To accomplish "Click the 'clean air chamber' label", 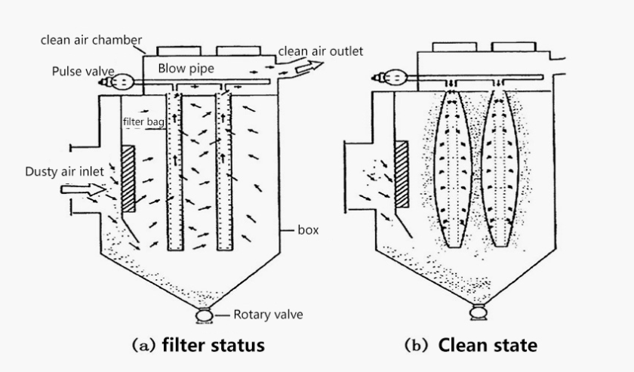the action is [x=91, y=40].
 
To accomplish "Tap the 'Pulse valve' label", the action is [x=83, y=72].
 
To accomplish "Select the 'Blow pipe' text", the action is [x=186, y=69].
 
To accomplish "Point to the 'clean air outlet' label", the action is [x=321, y=51].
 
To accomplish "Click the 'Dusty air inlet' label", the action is [x=65, y=171].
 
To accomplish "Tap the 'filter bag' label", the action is [x=143, y=121].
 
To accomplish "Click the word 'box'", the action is [x=308, y=230].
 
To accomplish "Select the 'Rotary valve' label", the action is [x=268, y=315].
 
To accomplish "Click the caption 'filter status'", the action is [x=214, y=345].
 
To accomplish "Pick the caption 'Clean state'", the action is [x=488, y=346].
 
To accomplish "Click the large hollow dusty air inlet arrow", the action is [x=83, y=189].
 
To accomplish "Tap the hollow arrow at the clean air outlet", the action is [x=309, y=66].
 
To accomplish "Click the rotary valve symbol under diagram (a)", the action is [x=205, y=315].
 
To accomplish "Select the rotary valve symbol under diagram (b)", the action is [x=479, y=312].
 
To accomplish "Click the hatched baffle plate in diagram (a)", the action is [x=128, y=179].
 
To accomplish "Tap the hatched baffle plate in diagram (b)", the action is [x=402, y=174].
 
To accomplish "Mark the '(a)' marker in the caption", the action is [x=143, y=346].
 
